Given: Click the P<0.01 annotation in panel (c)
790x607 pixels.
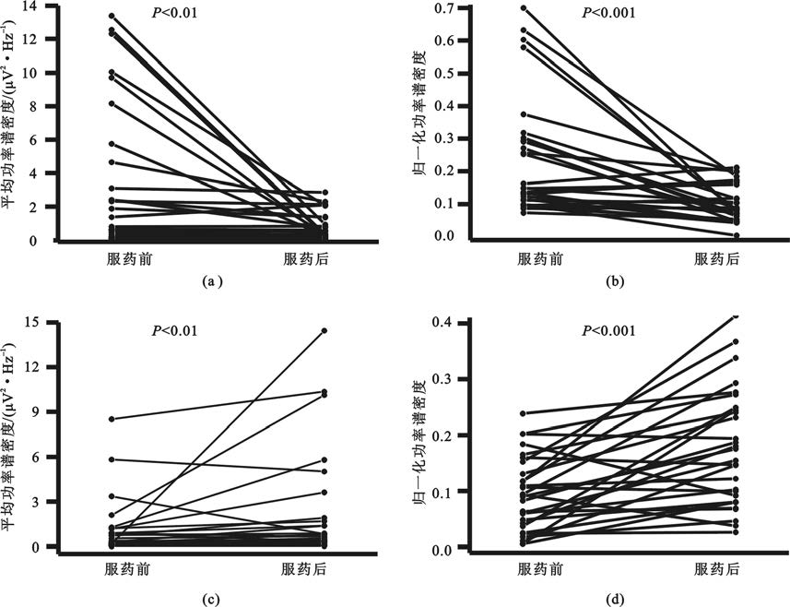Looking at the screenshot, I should point(174,331).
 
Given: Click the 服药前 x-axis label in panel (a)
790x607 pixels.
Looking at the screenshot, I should point(128,259).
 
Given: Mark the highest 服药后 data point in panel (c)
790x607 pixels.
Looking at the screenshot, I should point(324,330).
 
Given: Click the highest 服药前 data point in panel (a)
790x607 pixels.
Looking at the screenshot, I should point(112,16).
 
